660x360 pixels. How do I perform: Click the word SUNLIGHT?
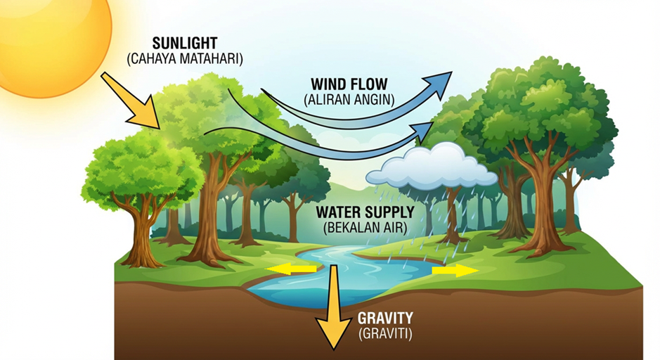point(184,44)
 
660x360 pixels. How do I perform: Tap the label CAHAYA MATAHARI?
point(185,59)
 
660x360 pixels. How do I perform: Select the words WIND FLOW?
point(349,84)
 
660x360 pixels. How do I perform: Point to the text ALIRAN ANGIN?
point(349,100)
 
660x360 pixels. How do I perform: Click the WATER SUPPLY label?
point(365,212)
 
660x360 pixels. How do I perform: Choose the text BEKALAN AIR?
point(365,228)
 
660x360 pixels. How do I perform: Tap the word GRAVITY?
point(385,318)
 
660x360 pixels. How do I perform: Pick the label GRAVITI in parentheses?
point(385,334)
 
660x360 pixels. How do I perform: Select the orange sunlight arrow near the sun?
point(131,101)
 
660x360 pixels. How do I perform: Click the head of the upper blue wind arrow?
point(438,84)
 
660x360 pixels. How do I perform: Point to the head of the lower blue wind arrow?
point(423,131)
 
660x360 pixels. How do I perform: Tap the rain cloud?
point(432,167)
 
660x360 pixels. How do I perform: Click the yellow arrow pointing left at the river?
point(291,269)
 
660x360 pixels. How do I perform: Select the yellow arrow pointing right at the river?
point(455,270)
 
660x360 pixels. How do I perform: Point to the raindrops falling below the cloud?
point(425,223)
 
